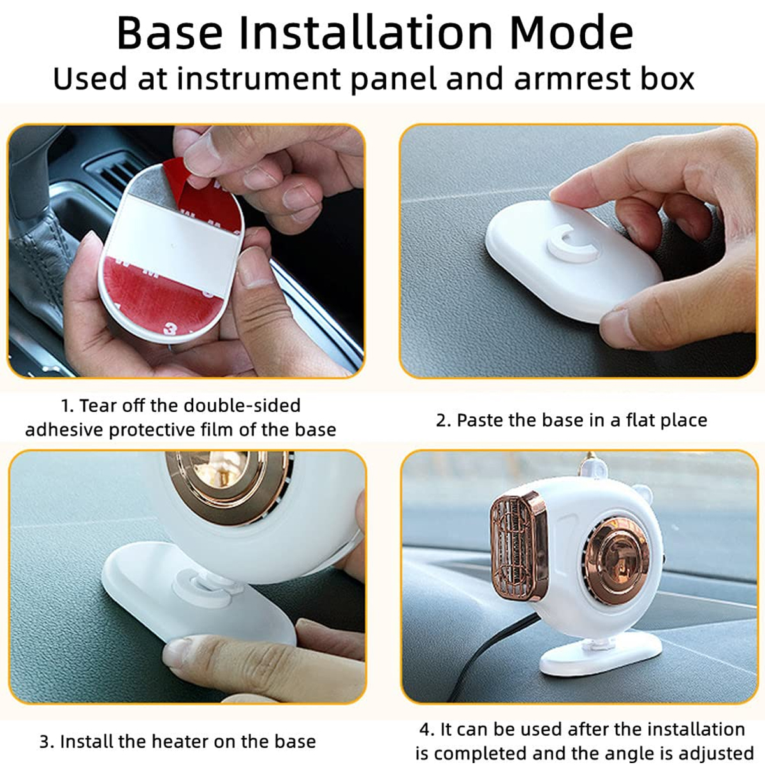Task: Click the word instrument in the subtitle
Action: (258, 79)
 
